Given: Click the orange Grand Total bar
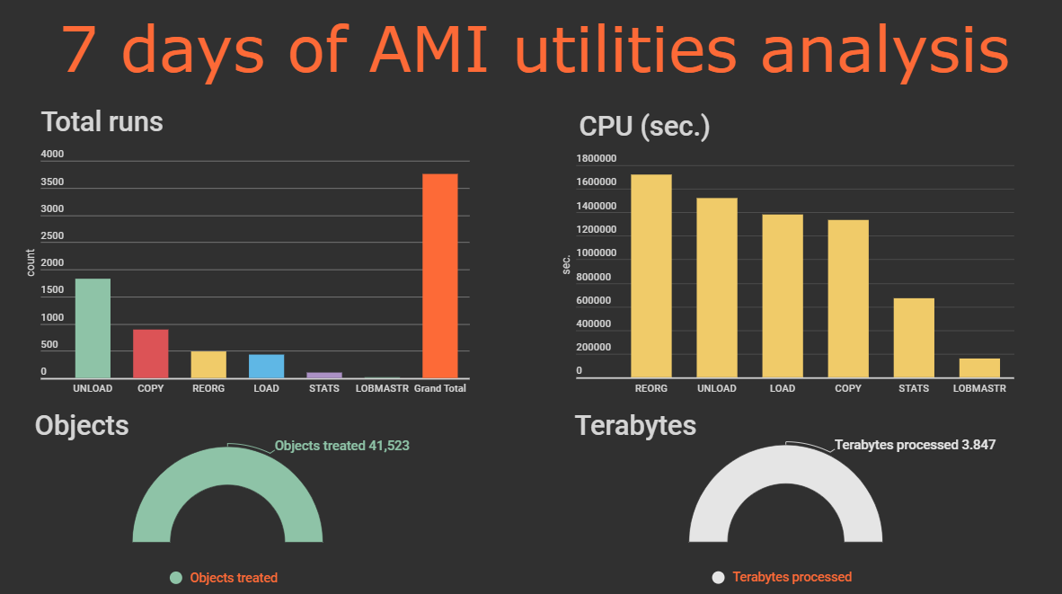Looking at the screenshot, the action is pyautogui.click(x=439, y=276).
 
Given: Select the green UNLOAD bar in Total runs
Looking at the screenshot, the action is pyautogui.click(x=93, y=329).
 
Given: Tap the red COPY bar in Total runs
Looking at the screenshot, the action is pyautogui.click(x=150, y=353).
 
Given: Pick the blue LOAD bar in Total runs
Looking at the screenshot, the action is pyautogui.click(x=266, y=367).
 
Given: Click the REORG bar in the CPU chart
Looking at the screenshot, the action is pyautogui.click(x=651, y=277).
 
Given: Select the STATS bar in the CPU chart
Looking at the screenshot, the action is pyautogui.click(x=914, y=338).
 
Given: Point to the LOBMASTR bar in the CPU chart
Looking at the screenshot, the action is pyautogui.click(x=979, y=368).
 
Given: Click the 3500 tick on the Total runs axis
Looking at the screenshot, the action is pyautogui.click(x=52, y=182).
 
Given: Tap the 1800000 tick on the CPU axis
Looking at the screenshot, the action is pyautogui.click(x=596, y=158).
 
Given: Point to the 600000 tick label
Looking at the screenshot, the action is pyautogui.click(x=593, y=300).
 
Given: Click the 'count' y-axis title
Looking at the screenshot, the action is pyautogui.click(x=31, y=262).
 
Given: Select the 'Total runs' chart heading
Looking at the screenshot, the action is pyautogui.click(x=102, y=122).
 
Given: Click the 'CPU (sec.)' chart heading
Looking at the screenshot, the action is pyautogui.click(x=644, y=127).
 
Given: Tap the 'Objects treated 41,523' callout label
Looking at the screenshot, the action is pyautogui.click(x=342, y=446).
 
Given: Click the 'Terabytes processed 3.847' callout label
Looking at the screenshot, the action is pyautogui.click(x=915, y=445).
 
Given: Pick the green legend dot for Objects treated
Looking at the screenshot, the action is pyautogui.click(x=176, y=578).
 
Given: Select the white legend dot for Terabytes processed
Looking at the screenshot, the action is pyautogui.click(x=719, y=577).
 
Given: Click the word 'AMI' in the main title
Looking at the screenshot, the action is pyautogui.click(x=429, y=49).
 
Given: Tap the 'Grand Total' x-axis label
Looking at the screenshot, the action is pyautogui.click(x=440, y=388).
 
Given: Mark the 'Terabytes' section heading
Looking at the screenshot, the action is pyautogui.click(x=635, y=426).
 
